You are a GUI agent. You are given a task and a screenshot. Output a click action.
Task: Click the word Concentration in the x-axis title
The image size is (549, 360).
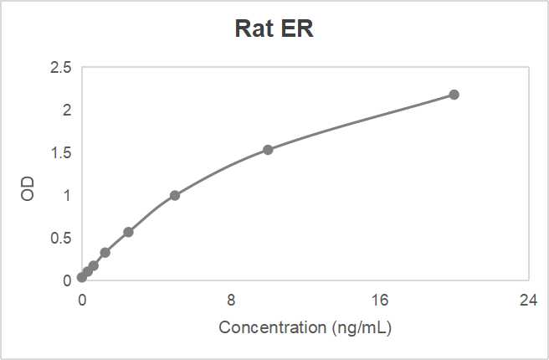[x=273, y=327]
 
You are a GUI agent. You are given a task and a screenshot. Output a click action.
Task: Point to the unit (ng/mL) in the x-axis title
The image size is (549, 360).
[x=362, y=327]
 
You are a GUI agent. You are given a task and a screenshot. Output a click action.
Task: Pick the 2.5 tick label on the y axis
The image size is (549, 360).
[x=61, y=68]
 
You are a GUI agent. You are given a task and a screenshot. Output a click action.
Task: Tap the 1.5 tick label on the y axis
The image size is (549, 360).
[x=61, y=153]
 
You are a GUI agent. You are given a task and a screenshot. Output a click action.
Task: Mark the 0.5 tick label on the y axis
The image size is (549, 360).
[x=61, y=239]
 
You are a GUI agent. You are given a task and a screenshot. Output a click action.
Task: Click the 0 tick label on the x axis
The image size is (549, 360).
[x=82, y=300]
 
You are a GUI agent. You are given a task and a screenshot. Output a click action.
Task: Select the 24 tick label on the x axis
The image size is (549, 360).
[x=528, y=300]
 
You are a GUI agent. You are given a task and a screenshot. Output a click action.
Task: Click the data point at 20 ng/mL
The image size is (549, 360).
[x=454, y=95]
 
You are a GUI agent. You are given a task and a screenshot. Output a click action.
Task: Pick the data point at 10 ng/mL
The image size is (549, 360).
[x=268, y=150]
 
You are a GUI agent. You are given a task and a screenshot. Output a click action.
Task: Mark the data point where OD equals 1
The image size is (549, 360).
[x=175, y=195]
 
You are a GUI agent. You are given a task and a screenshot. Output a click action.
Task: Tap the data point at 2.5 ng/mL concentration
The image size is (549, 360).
[x=128, y=232]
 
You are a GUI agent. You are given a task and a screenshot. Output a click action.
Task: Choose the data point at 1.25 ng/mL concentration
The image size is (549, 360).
[x=105, y=252]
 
